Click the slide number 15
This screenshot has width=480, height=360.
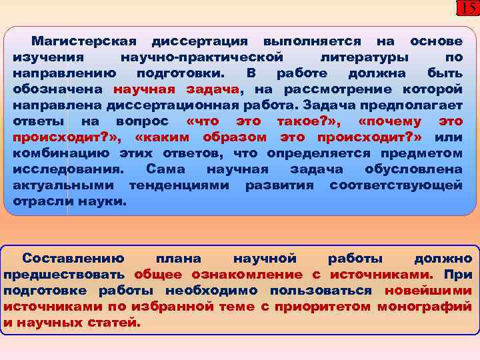point(467,8)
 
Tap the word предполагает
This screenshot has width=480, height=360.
point(418,105)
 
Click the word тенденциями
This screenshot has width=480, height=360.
point(180,185)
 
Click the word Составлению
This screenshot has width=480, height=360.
point(73,259)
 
